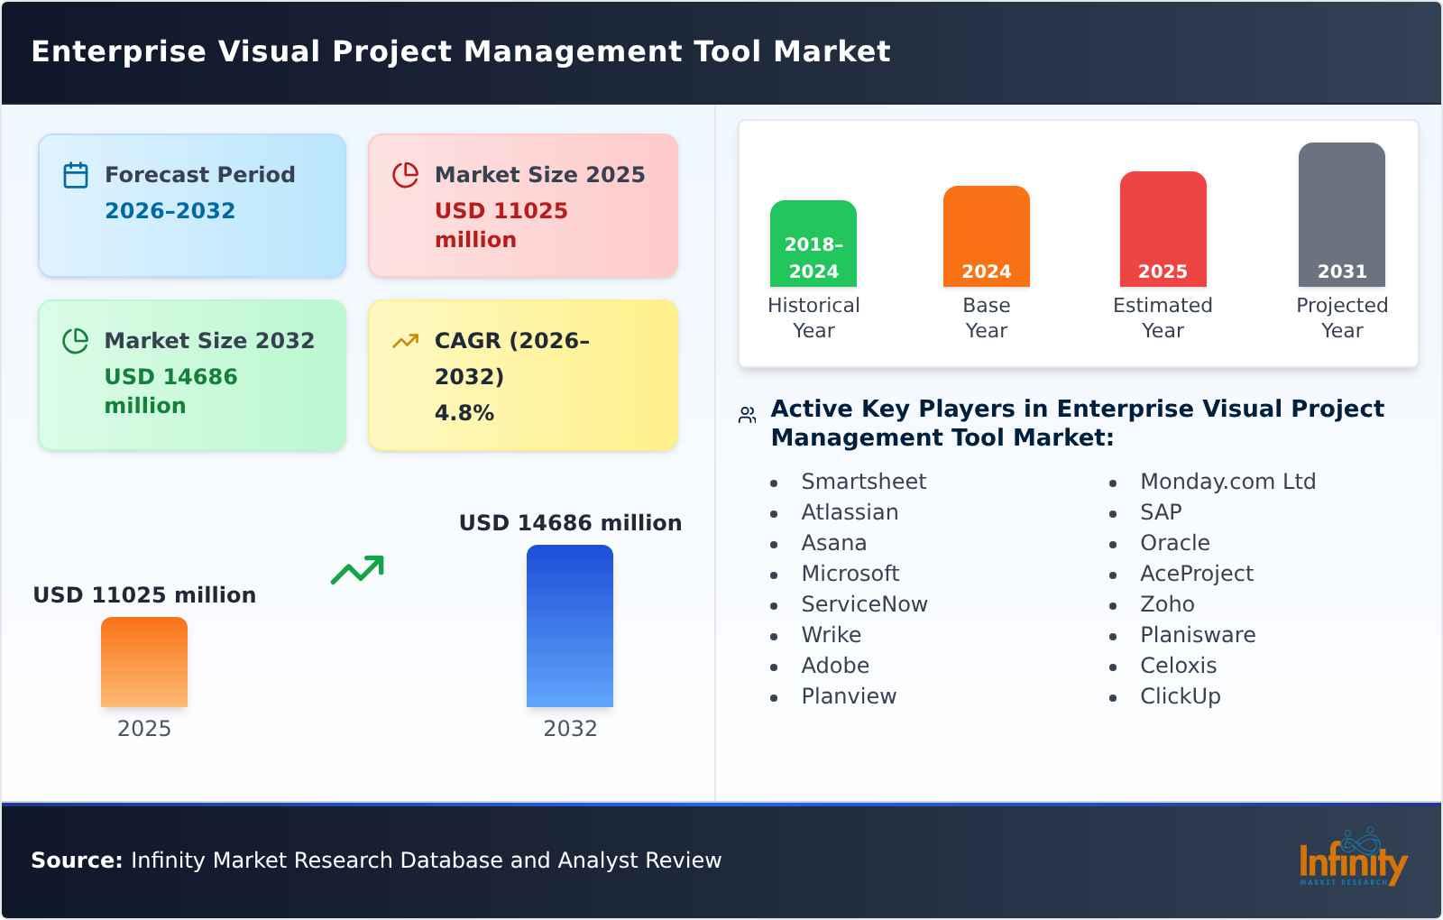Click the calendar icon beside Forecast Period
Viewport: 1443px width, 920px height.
[76, 175]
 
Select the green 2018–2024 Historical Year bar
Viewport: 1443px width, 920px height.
[813, 244]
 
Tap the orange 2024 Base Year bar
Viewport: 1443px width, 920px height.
[986, 236]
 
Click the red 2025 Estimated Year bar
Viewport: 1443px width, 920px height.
[1163, 229]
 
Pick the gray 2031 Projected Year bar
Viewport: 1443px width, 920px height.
[1341, 215]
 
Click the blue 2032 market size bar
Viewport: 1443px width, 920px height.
[569, 626]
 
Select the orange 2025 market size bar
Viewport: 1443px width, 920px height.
[144, 662]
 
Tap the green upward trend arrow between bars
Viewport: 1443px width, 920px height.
[357, 570]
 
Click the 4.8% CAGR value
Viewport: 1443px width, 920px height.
[464, 413]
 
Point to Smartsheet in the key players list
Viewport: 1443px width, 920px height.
[863, 482]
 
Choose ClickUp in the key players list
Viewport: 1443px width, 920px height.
[1180, 696]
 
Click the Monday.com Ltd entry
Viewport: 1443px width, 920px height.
[1227, 482]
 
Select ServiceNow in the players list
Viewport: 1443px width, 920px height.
[863, 604]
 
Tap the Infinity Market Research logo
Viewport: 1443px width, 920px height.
[1352, 859]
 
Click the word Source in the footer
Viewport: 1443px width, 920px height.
[76, 860]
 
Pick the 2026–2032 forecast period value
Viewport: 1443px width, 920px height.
[170, 211]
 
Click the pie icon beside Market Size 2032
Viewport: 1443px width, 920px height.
[76, 341]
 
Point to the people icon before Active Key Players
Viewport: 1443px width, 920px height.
[747, 415]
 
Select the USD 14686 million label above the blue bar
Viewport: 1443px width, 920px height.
[570, 523]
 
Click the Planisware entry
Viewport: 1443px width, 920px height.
[1197, 635]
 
